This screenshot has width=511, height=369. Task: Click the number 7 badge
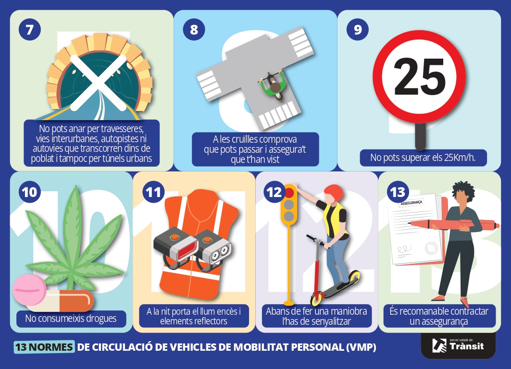(x=30, y=30)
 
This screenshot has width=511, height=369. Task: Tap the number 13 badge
(x=398, y=192)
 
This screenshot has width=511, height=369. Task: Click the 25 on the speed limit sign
(x=420, y=77)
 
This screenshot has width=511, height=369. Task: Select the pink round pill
(x=29, y=290)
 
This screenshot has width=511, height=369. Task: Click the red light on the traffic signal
(x=289, y=193)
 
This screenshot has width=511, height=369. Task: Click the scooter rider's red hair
(x=334, y=193)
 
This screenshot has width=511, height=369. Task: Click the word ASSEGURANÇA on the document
(x=411, y=203)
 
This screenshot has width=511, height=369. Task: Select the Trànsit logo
(x=458, y=345)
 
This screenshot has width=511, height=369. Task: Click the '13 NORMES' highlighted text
(x=44, y=347)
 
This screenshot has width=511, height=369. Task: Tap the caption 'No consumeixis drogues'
(x=71, y=318)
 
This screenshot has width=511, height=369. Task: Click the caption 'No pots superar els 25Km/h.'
(x=423, y=158)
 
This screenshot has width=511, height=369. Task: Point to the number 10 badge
(x=30, y=192)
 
